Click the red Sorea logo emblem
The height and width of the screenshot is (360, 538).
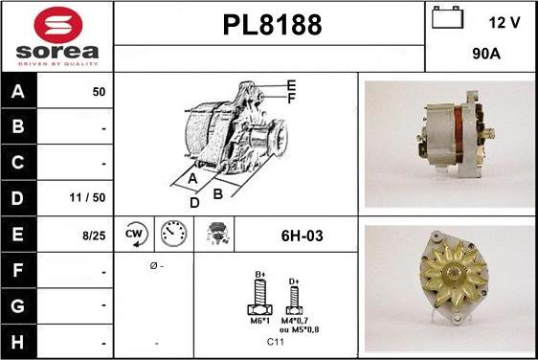coord(58,25)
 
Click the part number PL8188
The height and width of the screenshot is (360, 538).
coord(273,25)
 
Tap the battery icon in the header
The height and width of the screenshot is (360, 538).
coord(447,17)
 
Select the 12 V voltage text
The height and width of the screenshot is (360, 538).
coord(504,23)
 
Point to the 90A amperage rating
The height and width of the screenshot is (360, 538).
coord(486,54)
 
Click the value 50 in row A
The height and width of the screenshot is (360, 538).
coord(99,92)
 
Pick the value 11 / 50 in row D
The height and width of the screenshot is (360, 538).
coord(87,197)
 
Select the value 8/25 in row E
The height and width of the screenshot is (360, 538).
coord(94,236)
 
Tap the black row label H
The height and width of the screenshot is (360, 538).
coord(18,342)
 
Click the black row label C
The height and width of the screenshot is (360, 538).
coord(18,163)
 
